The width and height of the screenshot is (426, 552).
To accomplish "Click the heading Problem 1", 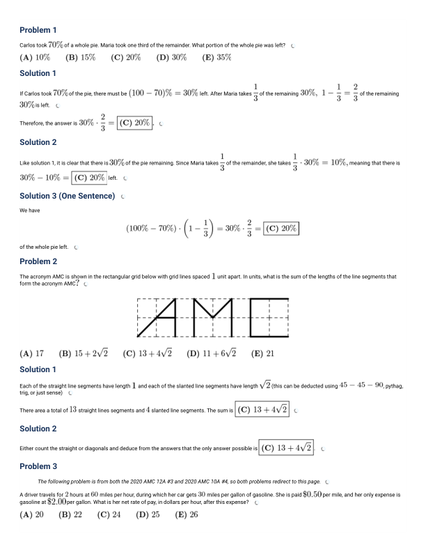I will tap(38, 30).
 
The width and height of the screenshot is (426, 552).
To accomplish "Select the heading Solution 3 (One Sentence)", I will tap(67, 196).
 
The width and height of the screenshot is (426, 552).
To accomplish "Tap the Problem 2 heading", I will tap(38, 261).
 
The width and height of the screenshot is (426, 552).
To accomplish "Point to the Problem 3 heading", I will tap(38, 466).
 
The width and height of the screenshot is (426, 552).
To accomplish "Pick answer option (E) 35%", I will tap(216, 58).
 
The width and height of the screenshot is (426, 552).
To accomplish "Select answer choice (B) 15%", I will tap(80, 58).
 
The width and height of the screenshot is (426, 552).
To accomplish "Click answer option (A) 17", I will tap(32, 353).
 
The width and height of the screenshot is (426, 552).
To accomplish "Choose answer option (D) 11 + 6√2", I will tap(212, 353).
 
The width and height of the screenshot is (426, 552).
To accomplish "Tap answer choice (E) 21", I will tap(262, 353).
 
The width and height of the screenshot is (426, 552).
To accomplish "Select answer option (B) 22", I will tap(70, 515).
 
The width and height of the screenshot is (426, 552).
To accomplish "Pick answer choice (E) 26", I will tap(187, 515).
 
